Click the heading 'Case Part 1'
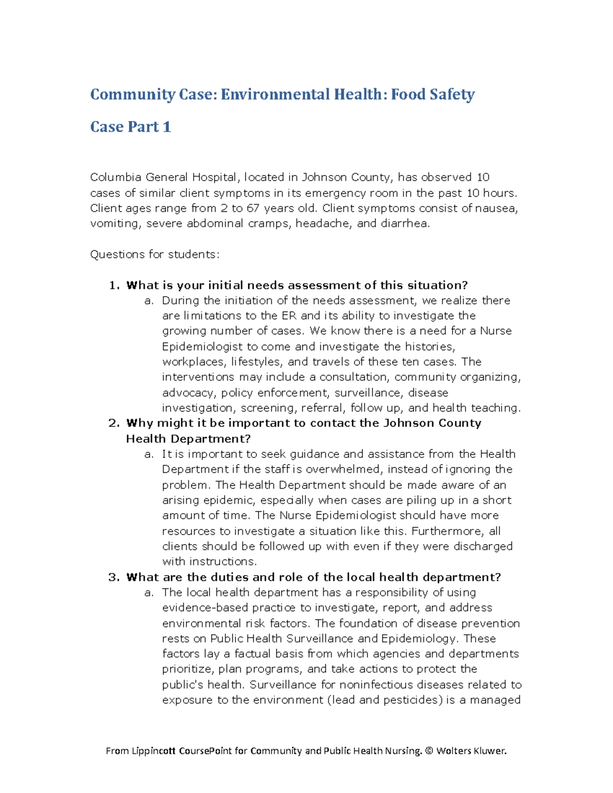pyautogui.click(x=130, y=127)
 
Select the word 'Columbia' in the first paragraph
pyautogui.click(x=115, y=177)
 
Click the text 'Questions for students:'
pyautogui.click(x=154, y=254)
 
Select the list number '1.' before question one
pyautogui.click(x=114, y=285)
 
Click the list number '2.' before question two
pyautogui.click(x=114, y=423)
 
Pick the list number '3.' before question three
pyautogui.click(x=114, y=577)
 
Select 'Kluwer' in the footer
pyautogui.click(x=490, y=751)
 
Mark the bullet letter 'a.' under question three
pyautogui.click(x=149, y=592)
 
